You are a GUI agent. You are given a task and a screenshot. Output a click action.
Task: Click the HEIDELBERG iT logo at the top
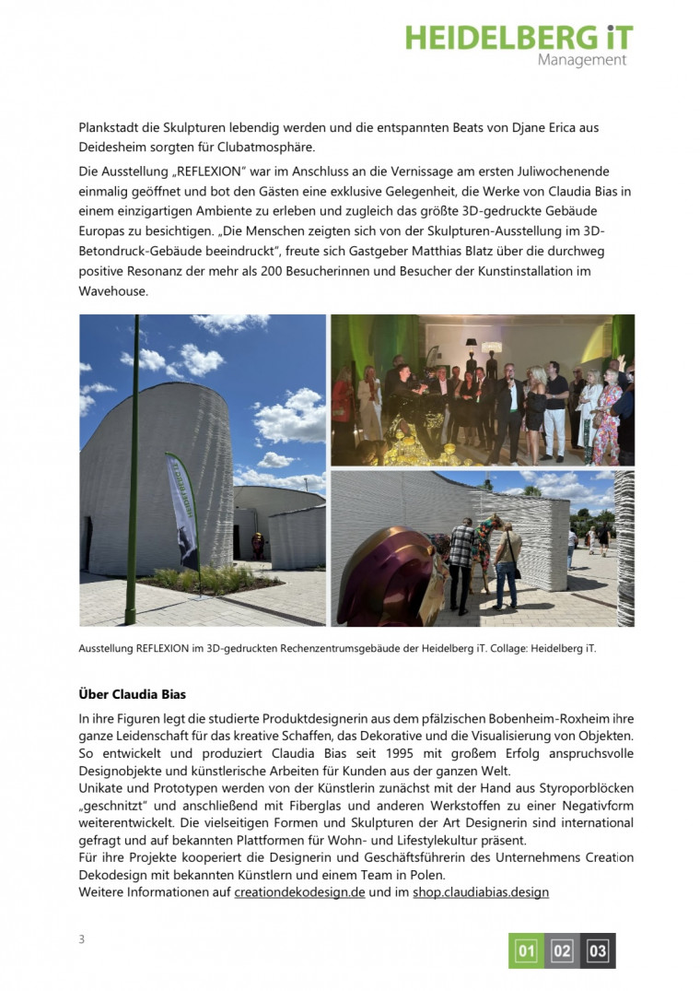519,38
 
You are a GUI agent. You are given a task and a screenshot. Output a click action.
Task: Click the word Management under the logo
581,61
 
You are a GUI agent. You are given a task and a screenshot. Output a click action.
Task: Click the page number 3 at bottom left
81,939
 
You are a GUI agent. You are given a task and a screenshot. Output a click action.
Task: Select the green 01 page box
526,950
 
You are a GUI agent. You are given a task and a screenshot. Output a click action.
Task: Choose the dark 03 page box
598,950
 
